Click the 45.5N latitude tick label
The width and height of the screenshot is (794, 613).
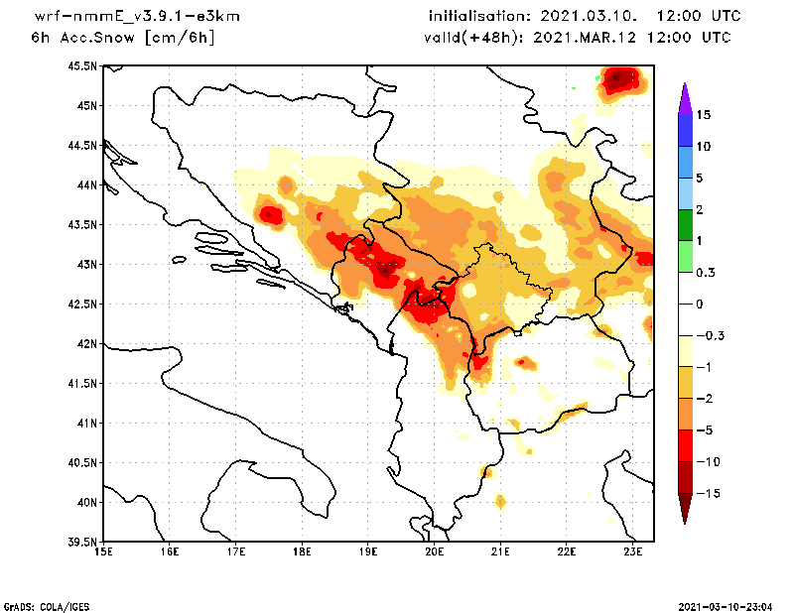pyautogui.click(x=82, y=66)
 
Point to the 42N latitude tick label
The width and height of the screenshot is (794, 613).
pyautogui.click(x=85, y=344)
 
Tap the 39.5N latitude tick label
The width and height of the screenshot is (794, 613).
pyautogui.click(x=82, y=543)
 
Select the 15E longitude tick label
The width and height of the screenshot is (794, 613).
pyautogui.click(x=102, y=552)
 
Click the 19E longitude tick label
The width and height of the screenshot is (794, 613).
pyautogui.click(x=368, y=552)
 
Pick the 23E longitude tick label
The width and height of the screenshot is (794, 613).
pyautogui.click(x=634, y=552)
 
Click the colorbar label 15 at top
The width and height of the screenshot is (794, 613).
pyautogui.click(x=704, y=115)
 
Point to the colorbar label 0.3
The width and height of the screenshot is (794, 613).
pyautogui.click(x=706, y=273)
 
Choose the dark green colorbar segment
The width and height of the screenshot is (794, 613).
pyautogui.click(x=684, y=225)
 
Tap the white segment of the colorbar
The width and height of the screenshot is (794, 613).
pyautogui.click(x=684, y=304)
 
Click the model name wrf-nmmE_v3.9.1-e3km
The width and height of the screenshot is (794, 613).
pyautogui.click(x=122, y=17)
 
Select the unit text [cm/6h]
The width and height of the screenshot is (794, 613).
pyautogui.click(x=180, y=38)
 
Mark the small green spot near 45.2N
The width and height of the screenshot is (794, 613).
pyautogui.click(x=574, y=89)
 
